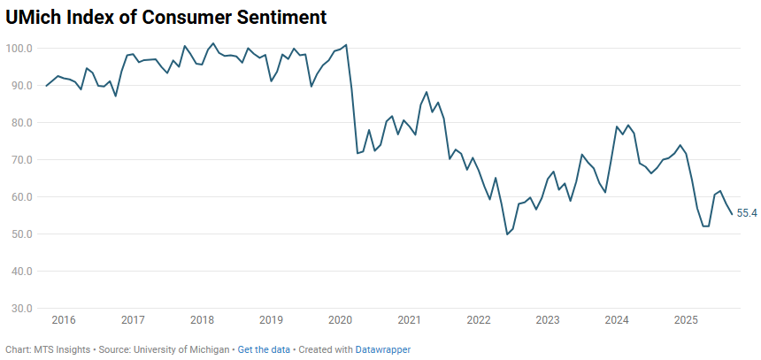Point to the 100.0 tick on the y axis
pos(20,48)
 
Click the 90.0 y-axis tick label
pos(22,85)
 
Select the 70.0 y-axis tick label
pos(22,159)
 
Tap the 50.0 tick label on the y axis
pos(22,234)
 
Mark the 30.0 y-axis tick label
pos(22,309)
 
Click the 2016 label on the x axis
pos(64,319)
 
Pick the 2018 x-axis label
pos(202,319)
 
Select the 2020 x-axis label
pos(340,319)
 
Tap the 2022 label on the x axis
pos(479,319)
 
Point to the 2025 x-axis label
pos(686,319)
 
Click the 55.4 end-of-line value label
pos(747,213)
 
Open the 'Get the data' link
pos(264,349)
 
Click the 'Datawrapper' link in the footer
pos(383,349)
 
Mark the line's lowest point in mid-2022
pos(507,234)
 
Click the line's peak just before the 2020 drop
pos(346,44)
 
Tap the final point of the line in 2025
pos(732,214)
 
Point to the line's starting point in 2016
pos(46,86)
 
